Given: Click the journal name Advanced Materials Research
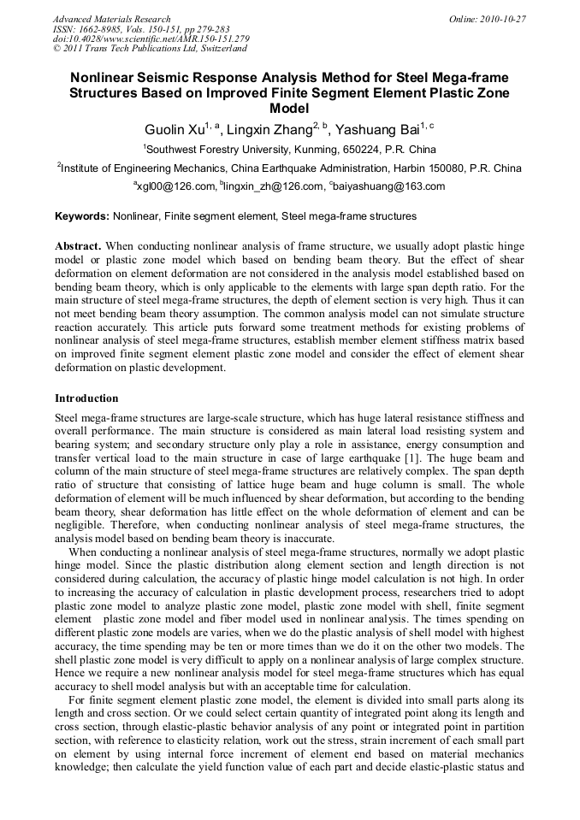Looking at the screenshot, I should pyautogui.click(x=111, y=19).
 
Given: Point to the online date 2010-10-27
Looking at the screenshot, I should pyautogui.click(x=506, y=19).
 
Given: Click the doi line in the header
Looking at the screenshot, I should pyautogui.click(x=151, y=39).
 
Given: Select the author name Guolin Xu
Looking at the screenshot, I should pyautogui.click(x=175, y=130).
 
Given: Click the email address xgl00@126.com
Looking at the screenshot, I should pyautogui.click(x=176, y=186).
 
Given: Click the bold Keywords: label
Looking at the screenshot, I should pyautogui.click(x=82, y=216).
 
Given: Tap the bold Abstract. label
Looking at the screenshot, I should pyautogui.click(x=79, y=245).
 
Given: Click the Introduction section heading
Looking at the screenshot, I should pyautogui.click(x=86, y=398).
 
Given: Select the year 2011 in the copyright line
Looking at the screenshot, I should pyautogui.click(x=71, y=49).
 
